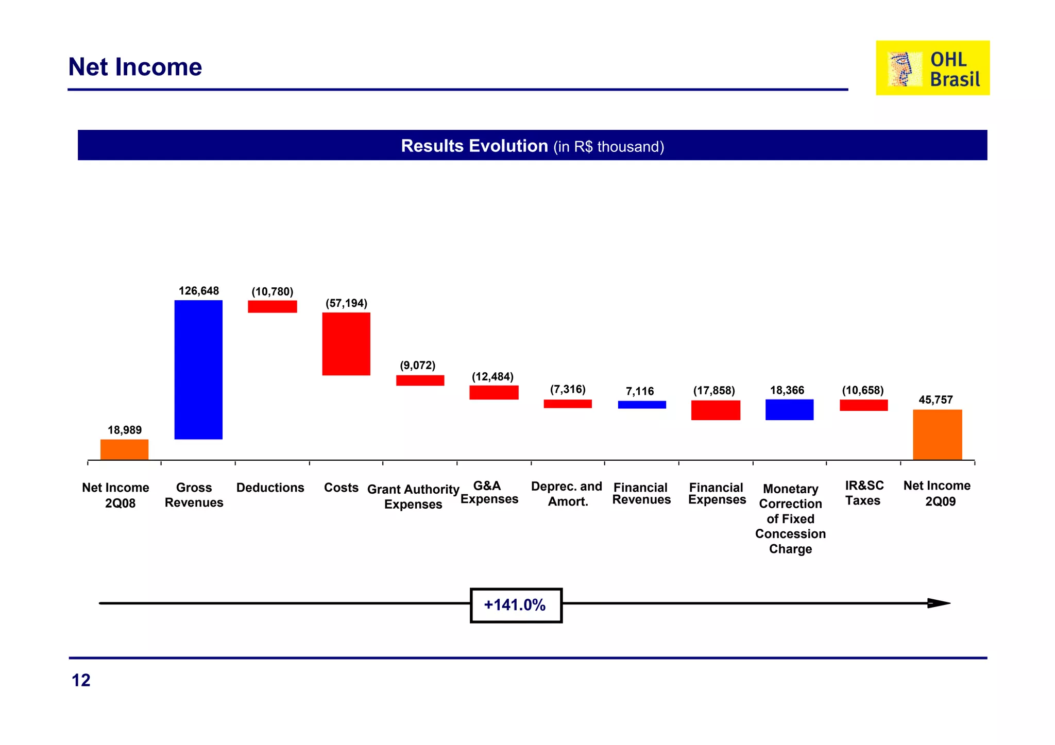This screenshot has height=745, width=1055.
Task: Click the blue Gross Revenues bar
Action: coord(198,369)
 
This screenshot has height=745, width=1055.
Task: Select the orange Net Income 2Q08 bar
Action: coord(124,449)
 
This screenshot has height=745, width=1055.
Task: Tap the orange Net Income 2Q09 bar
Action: coord(937,434)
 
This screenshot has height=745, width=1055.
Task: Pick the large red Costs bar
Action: coord(346,343)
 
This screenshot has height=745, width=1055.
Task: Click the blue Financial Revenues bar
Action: coord(641,405)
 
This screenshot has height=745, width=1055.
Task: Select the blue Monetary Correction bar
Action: coord(789,409)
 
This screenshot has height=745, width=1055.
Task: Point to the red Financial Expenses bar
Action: coord(716,410)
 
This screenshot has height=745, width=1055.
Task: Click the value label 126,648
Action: coord(198,291)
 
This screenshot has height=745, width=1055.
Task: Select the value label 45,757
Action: coord(935,400)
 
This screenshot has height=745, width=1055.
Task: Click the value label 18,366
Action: coord(787,390)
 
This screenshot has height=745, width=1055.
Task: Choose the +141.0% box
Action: coord(516,605)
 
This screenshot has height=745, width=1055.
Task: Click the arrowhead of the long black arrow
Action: coord(939,603)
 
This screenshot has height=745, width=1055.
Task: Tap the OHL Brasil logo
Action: coord(932,68)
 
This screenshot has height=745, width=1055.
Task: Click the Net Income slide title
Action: coord(135,67)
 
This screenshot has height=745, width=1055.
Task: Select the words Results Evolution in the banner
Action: coord(474,146)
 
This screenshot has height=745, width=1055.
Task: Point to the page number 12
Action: coord(81,680)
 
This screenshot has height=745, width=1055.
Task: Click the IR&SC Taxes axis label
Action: coord(864,493)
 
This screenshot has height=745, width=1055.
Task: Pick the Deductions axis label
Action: coord(270,488)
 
